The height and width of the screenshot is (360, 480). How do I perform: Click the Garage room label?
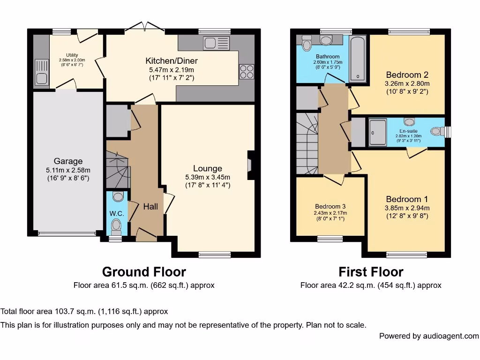(x=68, y=161)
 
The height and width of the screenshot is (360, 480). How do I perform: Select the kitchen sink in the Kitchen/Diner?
(x=217, y=43)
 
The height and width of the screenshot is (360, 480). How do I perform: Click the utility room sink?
(x=41, y=73)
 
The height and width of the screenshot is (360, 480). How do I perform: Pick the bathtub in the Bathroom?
(x=359, y=59)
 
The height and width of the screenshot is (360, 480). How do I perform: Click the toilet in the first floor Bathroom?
(x=307, y=44)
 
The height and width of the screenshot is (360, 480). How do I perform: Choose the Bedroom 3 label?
(x=330, y=206)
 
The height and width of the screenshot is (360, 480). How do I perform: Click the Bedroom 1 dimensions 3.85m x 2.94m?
(x=407, y=208)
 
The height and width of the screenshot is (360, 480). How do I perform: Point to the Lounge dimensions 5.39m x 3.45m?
(x=208, y=177)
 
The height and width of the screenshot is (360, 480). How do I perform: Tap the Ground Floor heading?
(x=144, y=272)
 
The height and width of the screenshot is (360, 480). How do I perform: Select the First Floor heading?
(x=371, y=272)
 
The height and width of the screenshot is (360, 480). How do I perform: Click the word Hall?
(x=150, y=206)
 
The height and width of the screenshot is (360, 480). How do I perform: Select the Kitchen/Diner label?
(x=172, y=61)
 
